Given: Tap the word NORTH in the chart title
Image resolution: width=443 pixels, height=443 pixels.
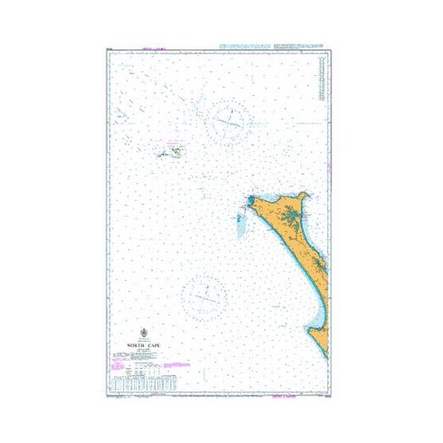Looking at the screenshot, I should [x=133, y=346].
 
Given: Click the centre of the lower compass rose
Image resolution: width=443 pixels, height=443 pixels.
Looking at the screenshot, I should [x=204, y=297].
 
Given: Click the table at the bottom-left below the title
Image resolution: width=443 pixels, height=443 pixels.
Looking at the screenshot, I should [x=144, y=382].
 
